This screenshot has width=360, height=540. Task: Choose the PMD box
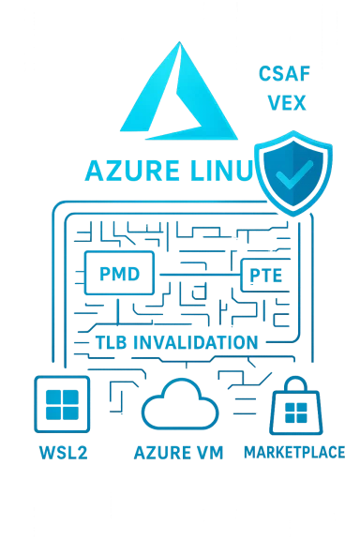coord(118,275)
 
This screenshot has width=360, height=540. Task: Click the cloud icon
coord(181,403)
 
